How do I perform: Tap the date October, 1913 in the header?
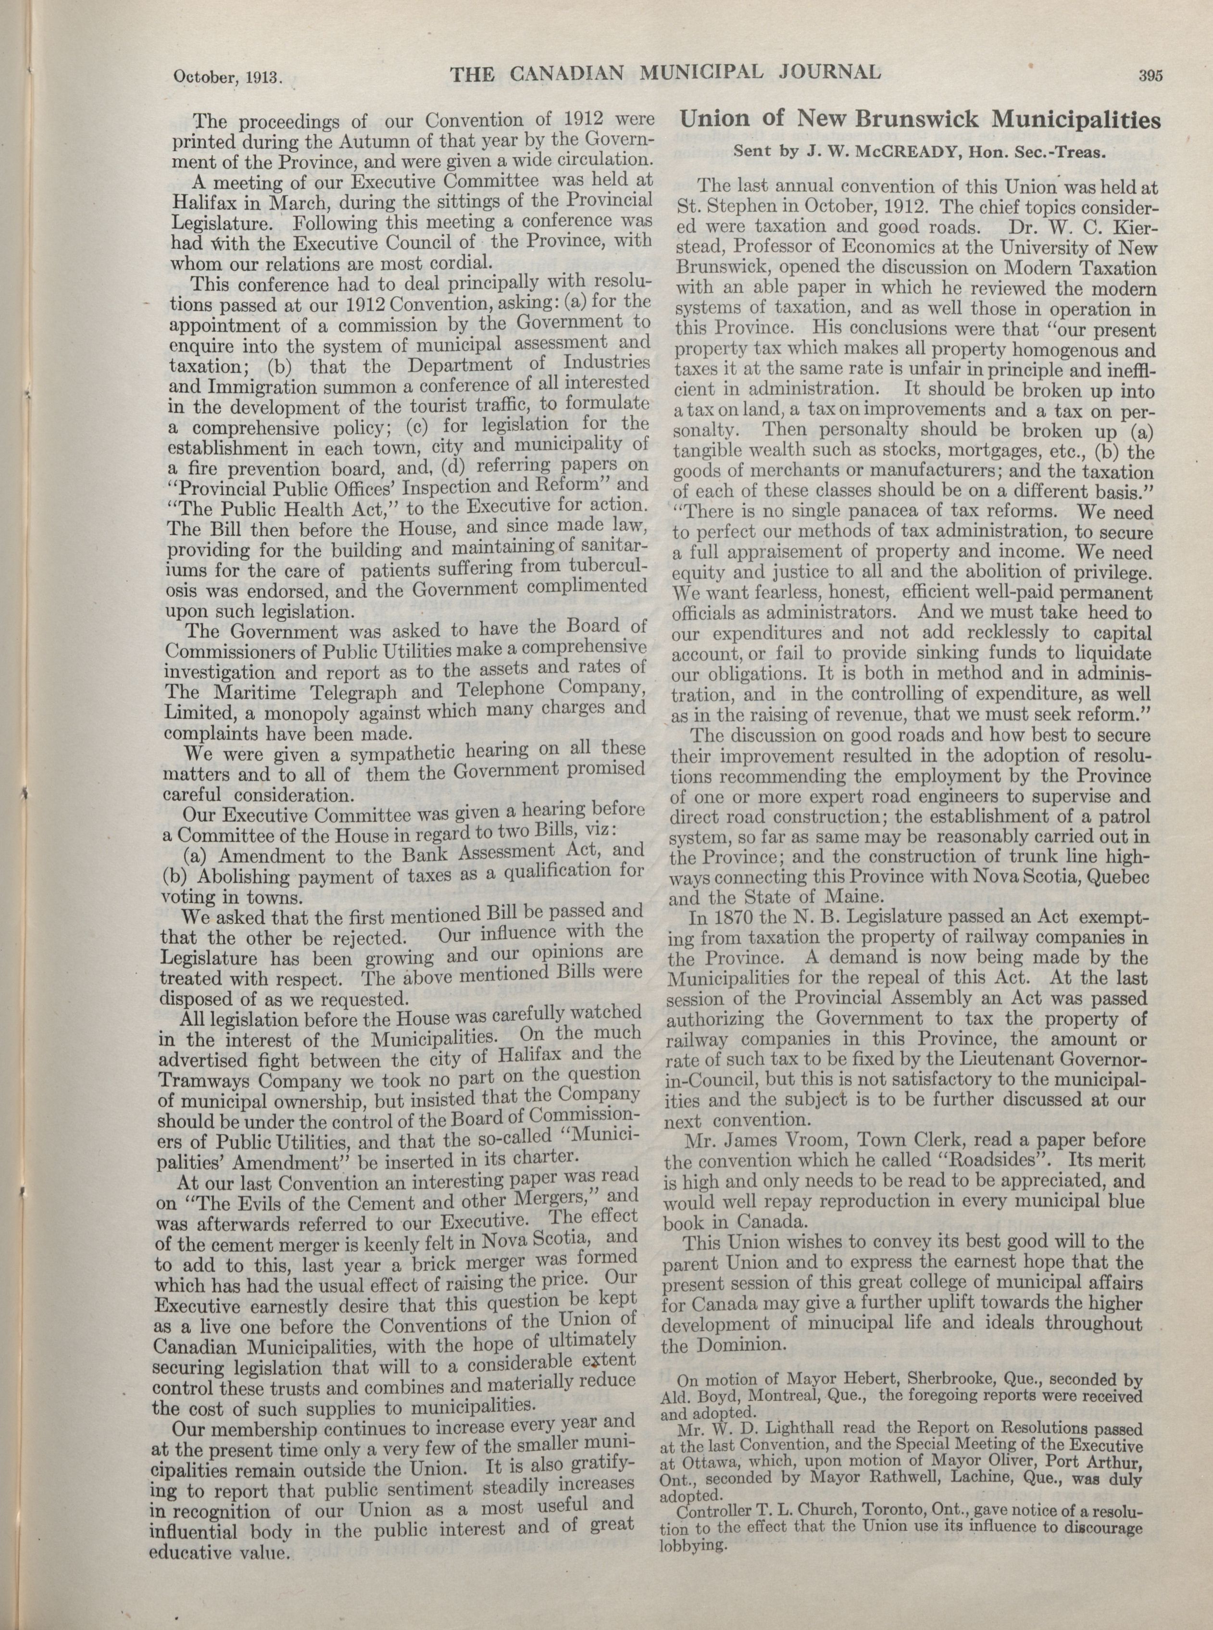click(227, 77)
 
